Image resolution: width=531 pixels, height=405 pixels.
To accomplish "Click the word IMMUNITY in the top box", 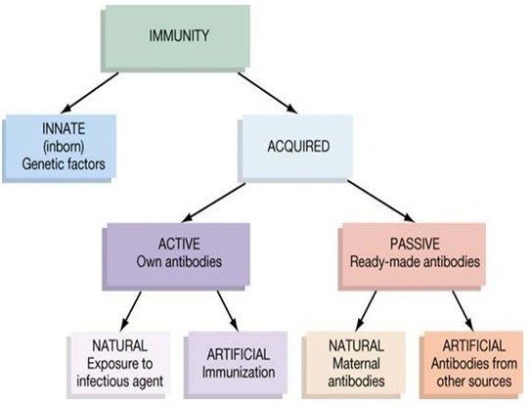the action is (x=179, y=35).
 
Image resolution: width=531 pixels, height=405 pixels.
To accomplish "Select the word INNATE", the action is (x=64, y=128).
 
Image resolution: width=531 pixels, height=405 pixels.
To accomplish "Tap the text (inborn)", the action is (x=64, y=147).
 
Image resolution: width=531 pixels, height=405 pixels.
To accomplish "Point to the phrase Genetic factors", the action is (x=64, y=164).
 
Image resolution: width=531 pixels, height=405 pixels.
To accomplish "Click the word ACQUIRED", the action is (x=298, y=147).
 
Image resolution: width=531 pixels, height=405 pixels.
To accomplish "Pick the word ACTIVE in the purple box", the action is (x=179, y=244).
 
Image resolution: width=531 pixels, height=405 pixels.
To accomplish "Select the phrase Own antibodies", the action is (x=179, y=261).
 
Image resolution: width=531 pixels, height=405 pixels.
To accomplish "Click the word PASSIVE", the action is (x=415, y=244).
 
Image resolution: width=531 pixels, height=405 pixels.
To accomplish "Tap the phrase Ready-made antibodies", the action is (x=415, y=262).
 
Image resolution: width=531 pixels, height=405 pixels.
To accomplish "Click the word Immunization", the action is (x=239, y=373).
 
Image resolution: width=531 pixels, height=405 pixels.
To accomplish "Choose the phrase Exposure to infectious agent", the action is (x=120, y=373).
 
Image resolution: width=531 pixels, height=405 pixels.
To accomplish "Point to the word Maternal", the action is (x=356, y=364).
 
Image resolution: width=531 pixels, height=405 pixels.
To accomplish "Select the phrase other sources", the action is (x=474, y=382).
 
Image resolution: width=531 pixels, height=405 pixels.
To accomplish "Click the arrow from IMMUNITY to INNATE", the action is (x=89, y=93).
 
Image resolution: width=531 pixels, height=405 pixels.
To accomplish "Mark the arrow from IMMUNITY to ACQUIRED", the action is (x=267, y=93).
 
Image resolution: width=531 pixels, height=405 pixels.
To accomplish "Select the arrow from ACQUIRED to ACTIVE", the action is (x=213, y=202).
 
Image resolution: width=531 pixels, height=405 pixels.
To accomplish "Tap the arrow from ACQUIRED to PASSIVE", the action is (x=380, y=202).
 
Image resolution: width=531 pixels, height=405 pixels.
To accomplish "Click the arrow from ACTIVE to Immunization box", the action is (x=228, y=311).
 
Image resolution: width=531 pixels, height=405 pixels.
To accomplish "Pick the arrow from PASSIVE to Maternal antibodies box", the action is (x=366, y=311).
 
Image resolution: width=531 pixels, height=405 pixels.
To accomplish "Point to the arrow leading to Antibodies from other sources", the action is (x=463, y=311).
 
